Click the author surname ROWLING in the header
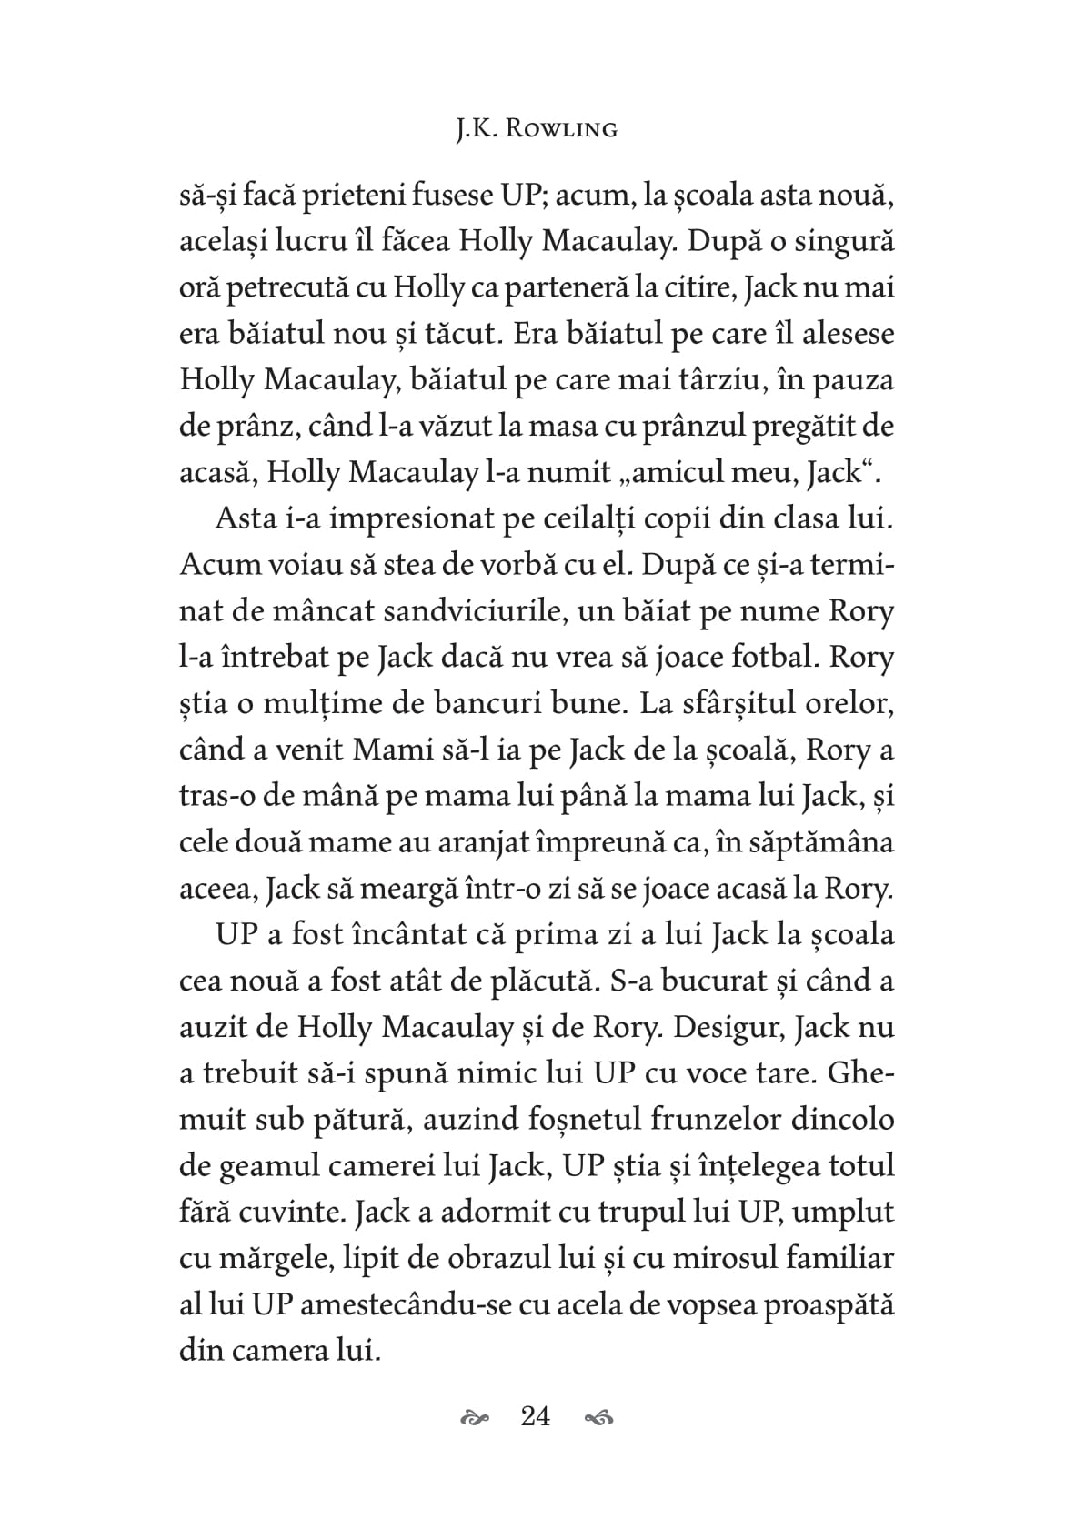pos(560,129)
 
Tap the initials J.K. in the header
pos(475,129)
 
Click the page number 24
pos(536,1416)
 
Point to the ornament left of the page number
pos(476,1417)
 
